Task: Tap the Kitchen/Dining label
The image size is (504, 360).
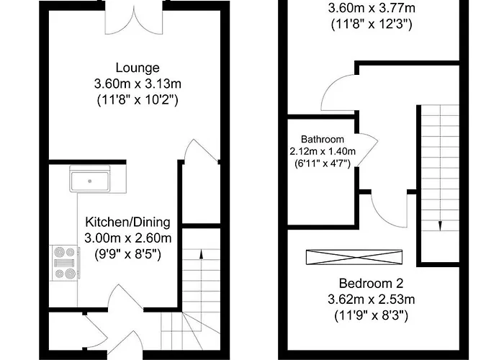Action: pyautogui.click(x=128, y=221)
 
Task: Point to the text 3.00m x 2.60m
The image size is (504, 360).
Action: pyautogui.click(x=128, y=238)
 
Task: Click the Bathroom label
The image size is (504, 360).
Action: pyautogui.click(x=323, y=139)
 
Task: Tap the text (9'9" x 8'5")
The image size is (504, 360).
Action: pyautogui.click(x=128, y=253)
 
